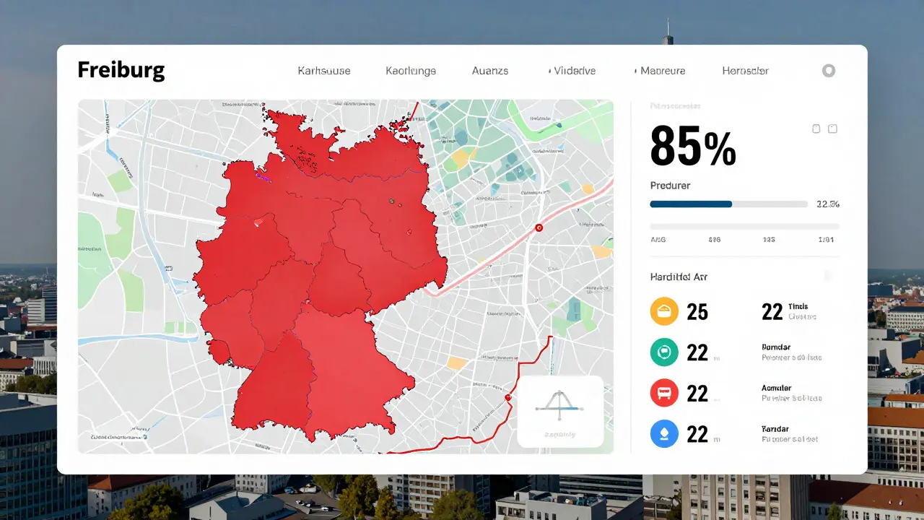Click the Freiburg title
(x=121, y=70)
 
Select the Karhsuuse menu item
(x=324, y=71)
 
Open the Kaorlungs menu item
(x=411, y=71)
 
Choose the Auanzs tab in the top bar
(x=490, y=71)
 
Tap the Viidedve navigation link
(x=572, y=71)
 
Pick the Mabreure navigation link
(x=661, y=71)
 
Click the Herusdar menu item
(x=745, y=71)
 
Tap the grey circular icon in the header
(x=829, y=71)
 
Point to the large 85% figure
(x=692, y=146)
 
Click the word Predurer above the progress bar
(x=670, y=186)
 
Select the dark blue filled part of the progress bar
(x=691, y=204)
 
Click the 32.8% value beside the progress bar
(x=827, y=204)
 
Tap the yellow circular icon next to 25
(x=664, y=311)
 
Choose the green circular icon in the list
(x=664, y=352)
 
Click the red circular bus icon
(x=664, y=394)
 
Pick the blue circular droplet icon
(x=664, y=434)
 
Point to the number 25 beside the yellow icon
(x=697, y=311)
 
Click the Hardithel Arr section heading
(x=679, y=277)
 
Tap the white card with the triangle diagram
(x=560, y=412)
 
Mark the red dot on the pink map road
(x=538, y=227)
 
